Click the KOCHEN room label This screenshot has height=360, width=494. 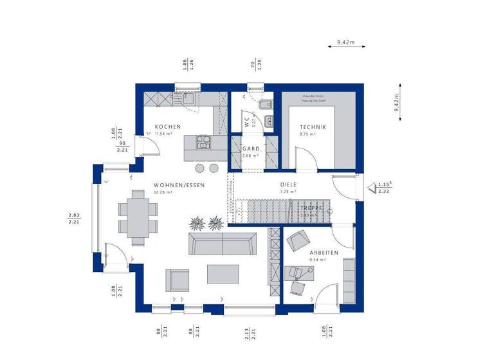pos(168,127)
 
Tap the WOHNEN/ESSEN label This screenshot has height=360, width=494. pos(179,185)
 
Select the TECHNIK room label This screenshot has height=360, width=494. pos(313,127)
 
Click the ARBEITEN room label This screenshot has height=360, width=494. pos(324,253)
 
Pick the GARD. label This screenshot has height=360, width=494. pos(252,148)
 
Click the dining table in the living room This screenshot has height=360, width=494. pos(137,217)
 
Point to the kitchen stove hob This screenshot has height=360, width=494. pos(204,141)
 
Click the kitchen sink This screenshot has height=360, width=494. pos(188,99)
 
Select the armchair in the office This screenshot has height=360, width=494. pos(297,241)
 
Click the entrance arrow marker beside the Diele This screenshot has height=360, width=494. pos(372,188)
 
